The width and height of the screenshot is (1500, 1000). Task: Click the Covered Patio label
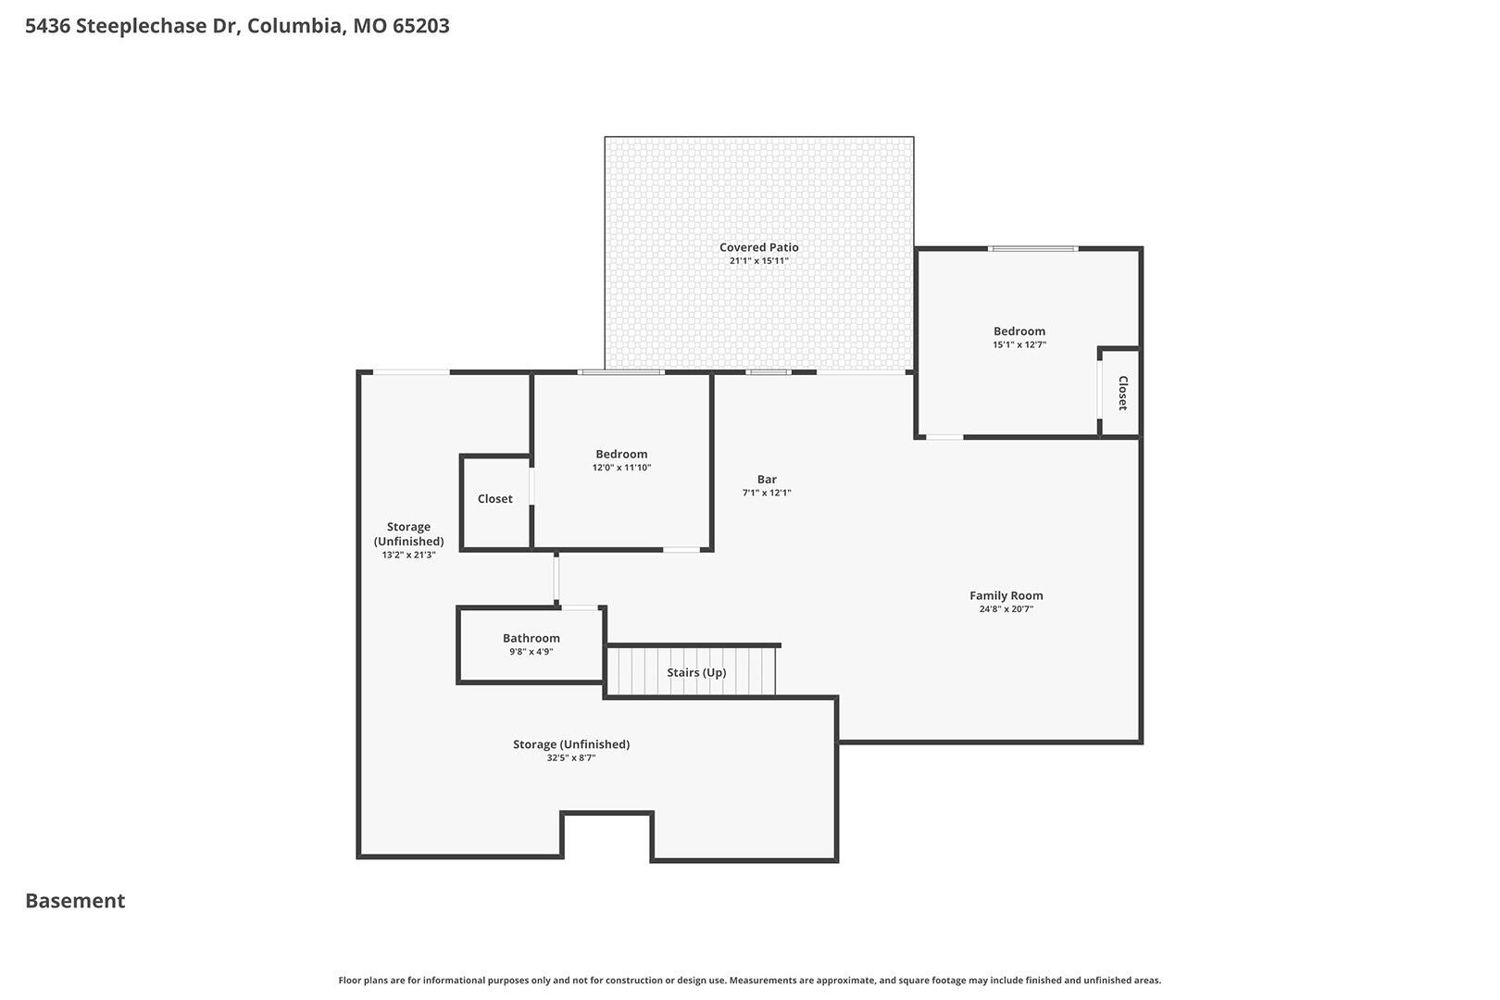[758, 247]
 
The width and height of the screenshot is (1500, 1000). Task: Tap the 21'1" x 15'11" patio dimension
[758, 260]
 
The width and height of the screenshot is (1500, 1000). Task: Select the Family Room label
[1006, 595]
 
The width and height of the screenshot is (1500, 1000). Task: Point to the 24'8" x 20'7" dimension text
[1006, 609]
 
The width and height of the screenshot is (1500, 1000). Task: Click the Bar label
[767, 479]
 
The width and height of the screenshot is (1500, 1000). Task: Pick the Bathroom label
[531, 638]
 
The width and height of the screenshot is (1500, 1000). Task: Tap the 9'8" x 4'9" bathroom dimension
[531, 652]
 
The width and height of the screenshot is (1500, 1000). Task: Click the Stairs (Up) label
[696, 672]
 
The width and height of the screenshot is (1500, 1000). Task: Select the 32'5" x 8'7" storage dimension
[571, 757]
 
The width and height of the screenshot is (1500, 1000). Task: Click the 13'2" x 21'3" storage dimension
[408, 555]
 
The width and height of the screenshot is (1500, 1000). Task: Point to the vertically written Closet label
[1123, 393]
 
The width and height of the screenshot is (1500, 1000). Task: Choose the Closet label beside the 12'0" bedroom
[494, 498]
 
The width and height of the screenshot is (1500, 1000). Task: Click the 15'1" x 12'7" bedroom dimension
[1019, 344]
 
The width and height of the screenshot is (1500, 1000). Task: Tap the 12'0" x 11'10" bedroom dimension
[621, 468]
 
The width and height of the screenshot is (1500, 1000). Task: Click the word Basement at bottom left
[75, 900]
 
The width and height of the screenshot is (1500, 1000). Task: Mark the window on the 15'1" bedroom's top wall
[1032, 248]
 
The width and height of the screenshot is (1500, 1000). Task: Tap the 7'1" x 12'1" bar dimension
[767, 493]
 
